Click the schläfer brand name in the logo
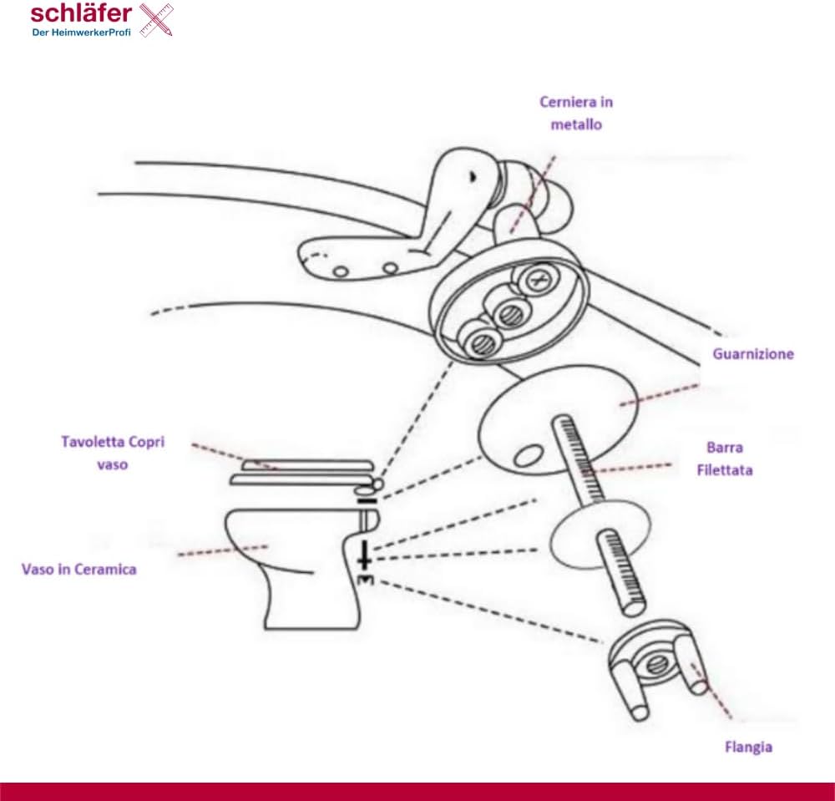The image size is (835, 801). [81, 13]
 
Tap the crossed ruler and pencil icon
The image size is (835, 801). [157, 20]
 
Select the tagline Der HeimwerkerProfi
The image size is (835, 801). [82, 32]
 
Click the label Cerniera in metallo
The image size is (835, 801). [576, 113]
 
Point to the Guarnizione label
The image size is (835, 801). [753, 354]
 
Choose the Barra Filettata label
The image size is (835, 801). [725, 459]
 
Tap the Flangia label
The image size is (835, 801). [748, 748]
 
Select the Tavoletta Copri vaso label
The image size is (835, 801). [113, 453]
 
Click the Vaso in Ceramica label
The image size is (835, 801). [78, 570]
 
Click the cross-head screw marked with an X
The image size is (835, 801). [536, 278]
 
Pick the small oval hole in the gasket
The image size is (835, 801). [529, 455]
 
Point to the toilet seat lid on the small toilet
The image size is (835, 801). [307, 466]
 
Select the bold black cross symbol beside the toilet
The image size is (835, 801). [364, 555]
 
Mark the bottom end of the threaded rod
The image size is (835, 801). [634, 606]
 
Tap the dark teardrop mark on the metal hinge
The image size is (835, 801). [472, 175]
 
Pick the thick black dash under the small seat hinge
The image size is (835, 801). [367, 501]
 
